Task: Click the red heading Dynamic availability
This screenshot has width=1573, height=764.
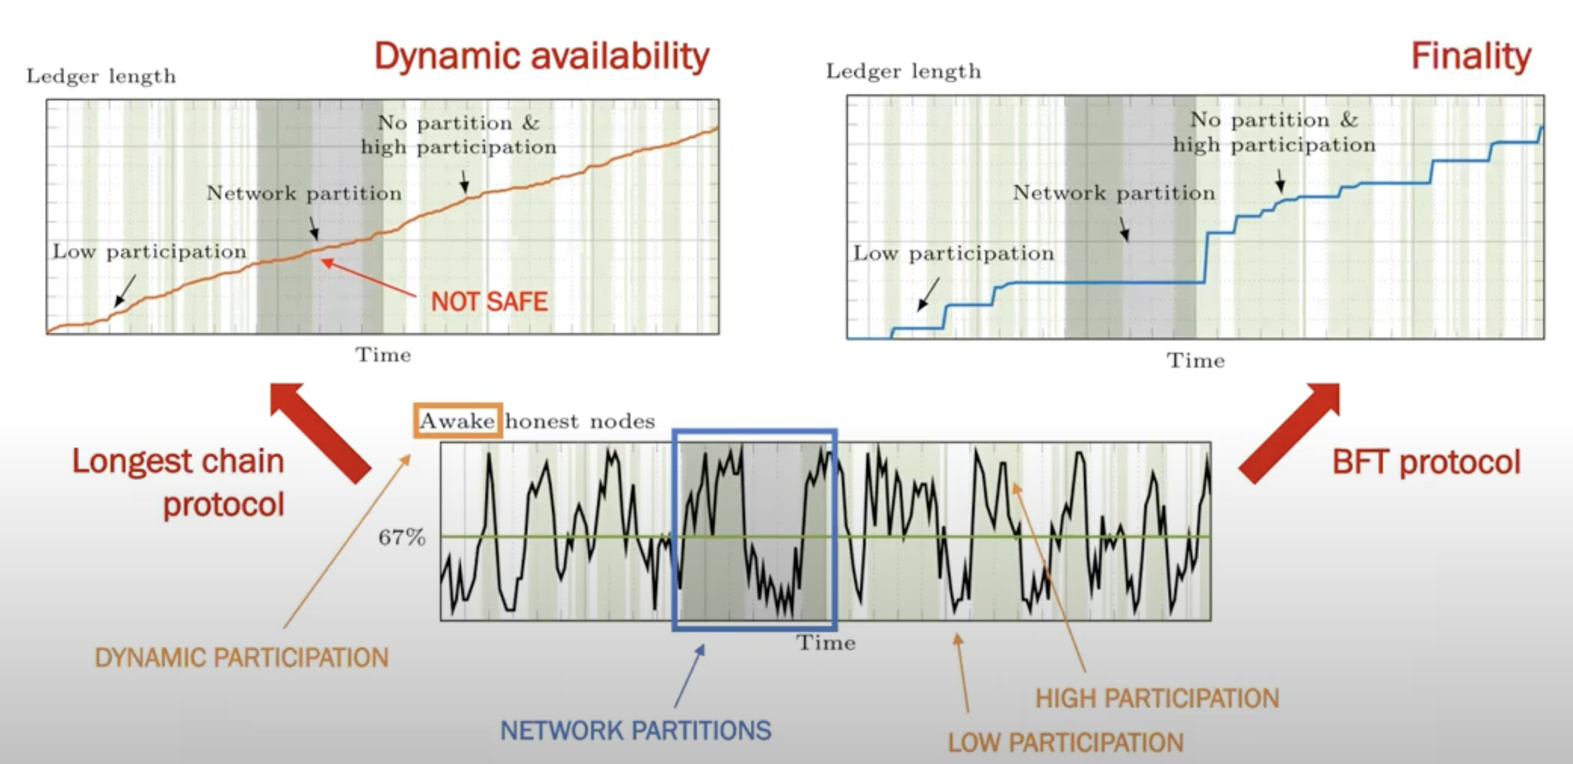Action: coord(541,56)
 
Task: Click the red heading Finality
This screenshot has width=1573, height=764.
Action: coord(1470,56)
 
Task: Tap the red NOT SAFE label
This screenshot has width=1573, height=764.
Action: coord(489,301)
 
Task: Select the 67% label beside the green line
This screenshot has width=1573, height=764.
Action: coord(402,537)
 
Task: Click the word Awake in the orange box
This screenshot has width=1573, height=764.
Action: coord(457,421)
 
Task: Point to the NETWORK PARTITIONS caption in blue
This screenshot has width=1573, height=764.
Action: coord(635,730)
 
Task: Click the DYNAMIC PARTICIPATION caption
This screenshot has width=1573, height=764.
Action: coord(241,658)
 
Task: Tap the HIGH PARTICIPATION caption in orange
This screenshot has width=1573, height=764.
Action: coord(1157,698)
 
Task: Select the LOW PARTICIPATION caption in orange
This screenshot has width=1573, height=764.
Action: coord(1065,743)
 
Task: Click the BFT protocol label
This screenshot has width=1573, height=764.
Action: coord(1426,463)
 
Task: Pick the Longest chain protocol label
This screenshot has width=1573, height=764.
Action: coord(179,483)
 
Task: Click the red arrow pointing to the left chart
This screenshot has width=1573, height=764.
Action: coord(320,432)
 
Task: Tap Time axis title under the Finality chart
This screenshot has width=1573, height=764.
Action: coord(1196,361)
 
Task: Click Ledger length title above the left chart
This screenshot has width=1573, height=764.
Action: coord(101,76)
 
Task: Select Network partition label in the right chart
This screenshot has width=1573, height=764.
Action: coord(1114,193)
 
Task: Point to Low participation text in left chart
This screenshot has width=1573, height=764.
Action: coord(150,252)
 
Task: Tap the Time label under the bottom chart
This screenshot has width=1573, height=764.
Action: coord(826,642)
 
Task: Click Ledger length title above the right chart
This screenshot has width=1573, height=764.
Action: coord(903,71)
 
